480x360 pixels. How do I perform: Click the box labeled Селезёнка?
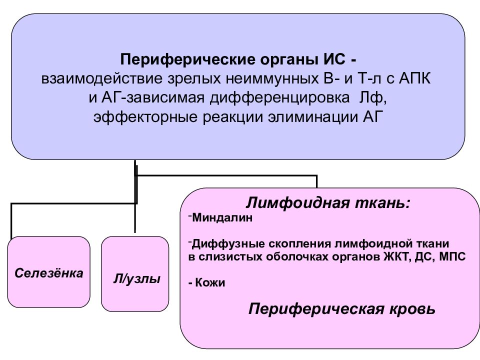pos(48,272)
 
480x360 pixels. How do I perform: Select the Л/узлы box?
pos(135,274)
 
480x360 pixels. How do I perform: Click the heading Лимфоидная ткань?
pos(328,203)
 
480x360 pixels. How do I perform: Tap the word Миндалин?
pos(222,217)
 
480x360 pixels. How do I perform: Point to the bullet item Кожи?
pos(207,282)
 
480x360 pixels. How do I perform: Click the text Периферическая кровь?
pos(341,309)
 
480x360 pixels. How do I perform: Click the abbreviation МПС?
pos(452,256)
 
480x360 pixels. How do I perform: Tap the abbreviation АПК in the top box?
pos(415,78)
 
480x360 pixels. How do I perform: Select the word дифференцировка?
pos(279,98)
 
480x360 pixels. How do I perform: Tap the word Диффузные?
pos(228,244)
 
